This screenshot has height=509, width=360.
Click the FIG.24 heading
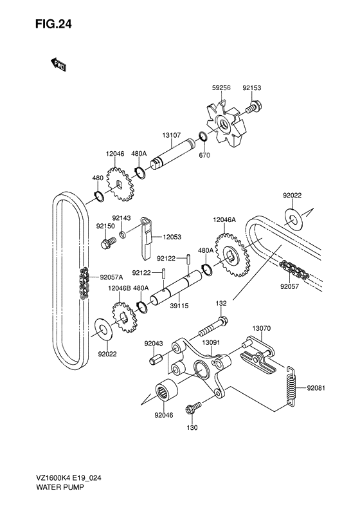pos(53,24)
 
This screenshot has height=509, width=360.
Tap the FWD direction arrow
pos(59,64)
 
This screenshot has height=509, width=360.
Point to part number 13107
pos(172,135)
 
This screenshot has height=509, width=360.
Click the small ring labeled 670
pos(203,136)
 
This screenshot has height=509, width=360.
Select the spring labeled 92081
pos(292,386)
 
